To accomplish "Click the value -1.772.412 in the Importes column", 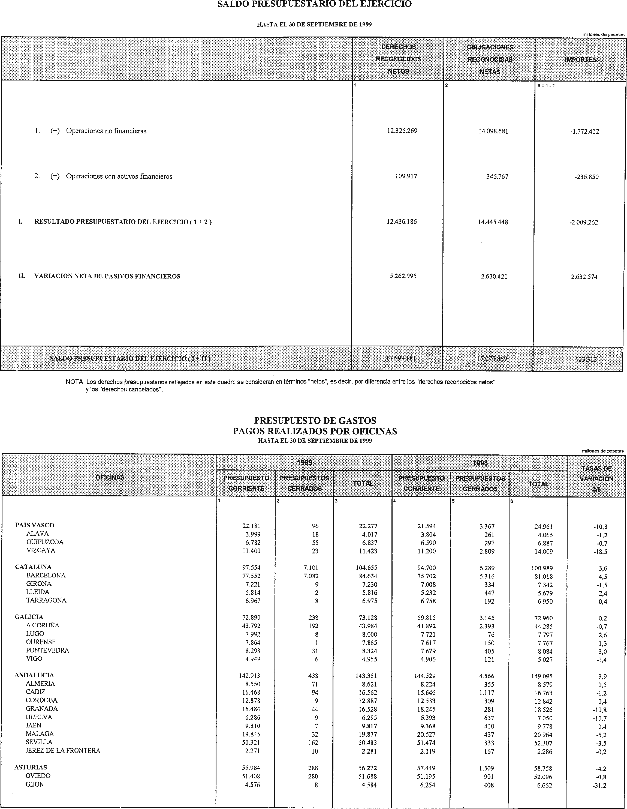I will (584, 131).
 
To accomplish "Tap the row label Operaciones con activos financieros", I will (119, 176).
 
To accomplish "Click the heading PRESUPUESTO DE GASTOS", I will (315, 420).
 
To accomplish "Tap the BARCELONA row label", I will (46, 575).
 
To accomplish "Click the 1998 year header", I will (480, 463).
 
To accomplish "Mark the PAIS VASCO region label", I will (34, 525).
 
